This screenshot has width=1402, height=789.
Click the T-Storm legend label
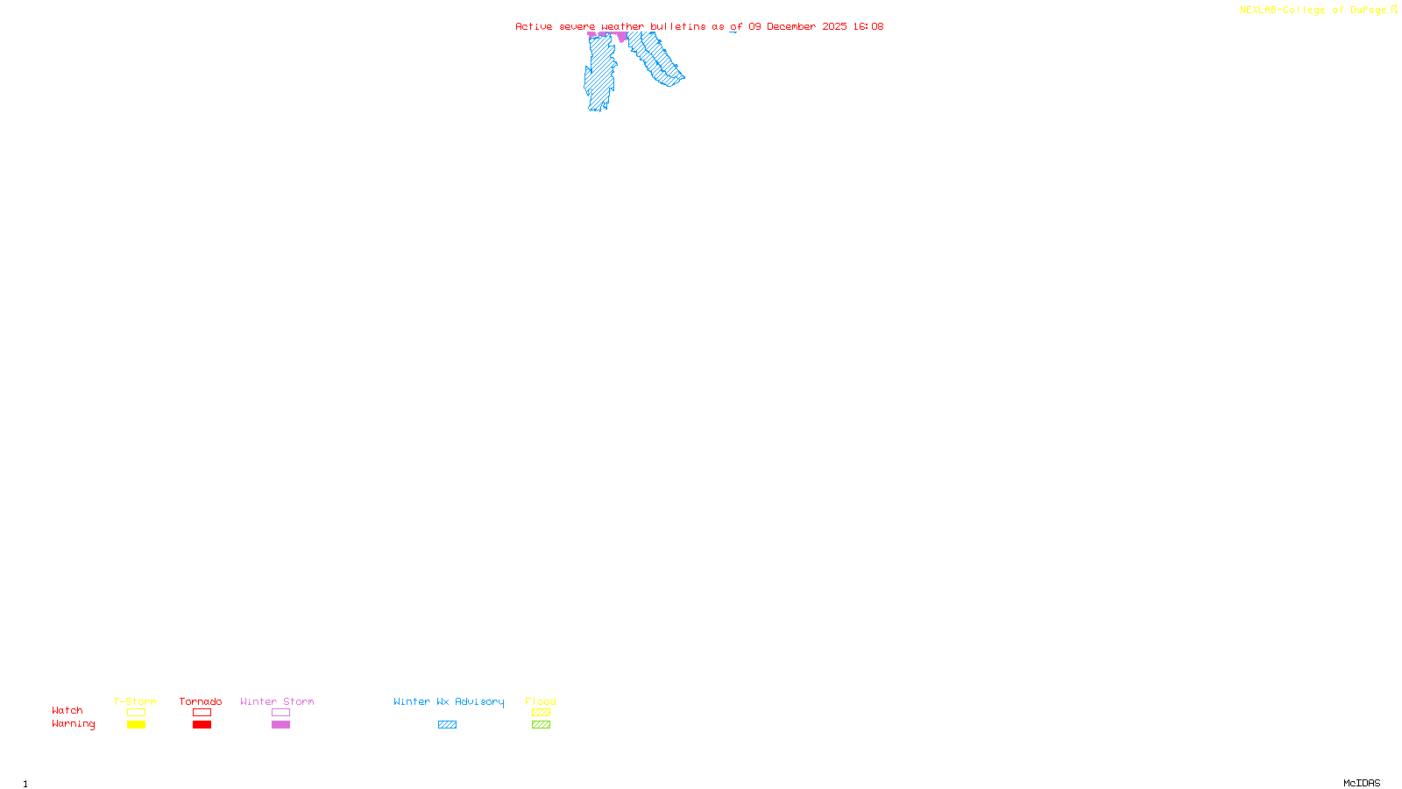pyautogui.click(x=135, y=701)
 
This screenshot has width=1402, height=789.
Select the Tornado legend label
pyautogui.click(x=201, y=701)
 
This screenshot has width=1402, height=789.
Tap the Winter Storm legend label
pyautogui.click(x=277, y=701)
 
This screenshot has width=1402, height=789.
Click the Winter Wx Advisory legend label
pyautogui.click(x=449, y=701)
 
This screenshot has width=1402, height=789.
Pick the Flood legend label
pyautogui.click(x=541, y=701)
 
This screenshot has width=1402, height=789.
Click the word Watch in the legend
pyautogui.click(x=67, y=710)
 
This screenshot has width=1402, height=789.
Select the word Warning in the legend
pyautogui.click(x=74, y=724)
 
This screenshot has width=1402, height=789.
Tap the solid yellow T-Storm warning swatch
pyautogui.click(x=136, y=725)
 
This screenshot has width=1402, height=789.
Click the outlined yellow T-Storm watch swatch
pyautogui.click(x=136, y=713)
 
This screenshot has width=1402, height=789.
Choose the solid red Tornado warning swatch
pyautogui.click(x=202, y=725)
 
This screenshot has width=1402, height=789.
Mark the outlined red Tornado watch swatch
pyautogui.click(x=202, y=713)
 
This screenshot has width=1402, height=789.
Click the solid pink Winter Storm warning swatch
pyautogui.click(x=280, y=725)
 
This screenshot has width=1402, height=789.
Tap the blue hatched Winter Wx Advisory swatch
pyautogui.click(x=447, y=725)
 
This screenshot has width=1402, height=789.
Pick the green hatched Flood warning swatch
pyautogui.click(x=541, y=725)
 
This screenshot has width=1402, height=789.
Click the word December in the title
pyautogui.click(x=791, y=26)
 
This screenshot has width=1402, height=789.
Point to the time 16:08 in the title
pyautogui.click(x=868, y=26)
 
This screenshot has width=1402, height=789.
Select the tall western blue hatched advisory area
pyautogui.click(x=600, y=75)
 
